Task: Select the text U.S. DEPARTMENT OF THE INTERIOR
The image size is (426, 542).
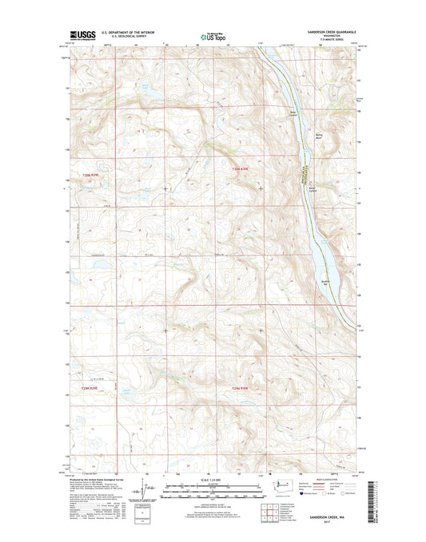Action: tap(129, 31)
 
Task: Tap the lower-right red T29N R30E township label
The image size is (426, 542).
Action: tap(242, 388)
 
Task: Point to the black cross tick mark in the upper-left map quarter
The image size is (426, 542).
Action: tap(165, 188)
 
